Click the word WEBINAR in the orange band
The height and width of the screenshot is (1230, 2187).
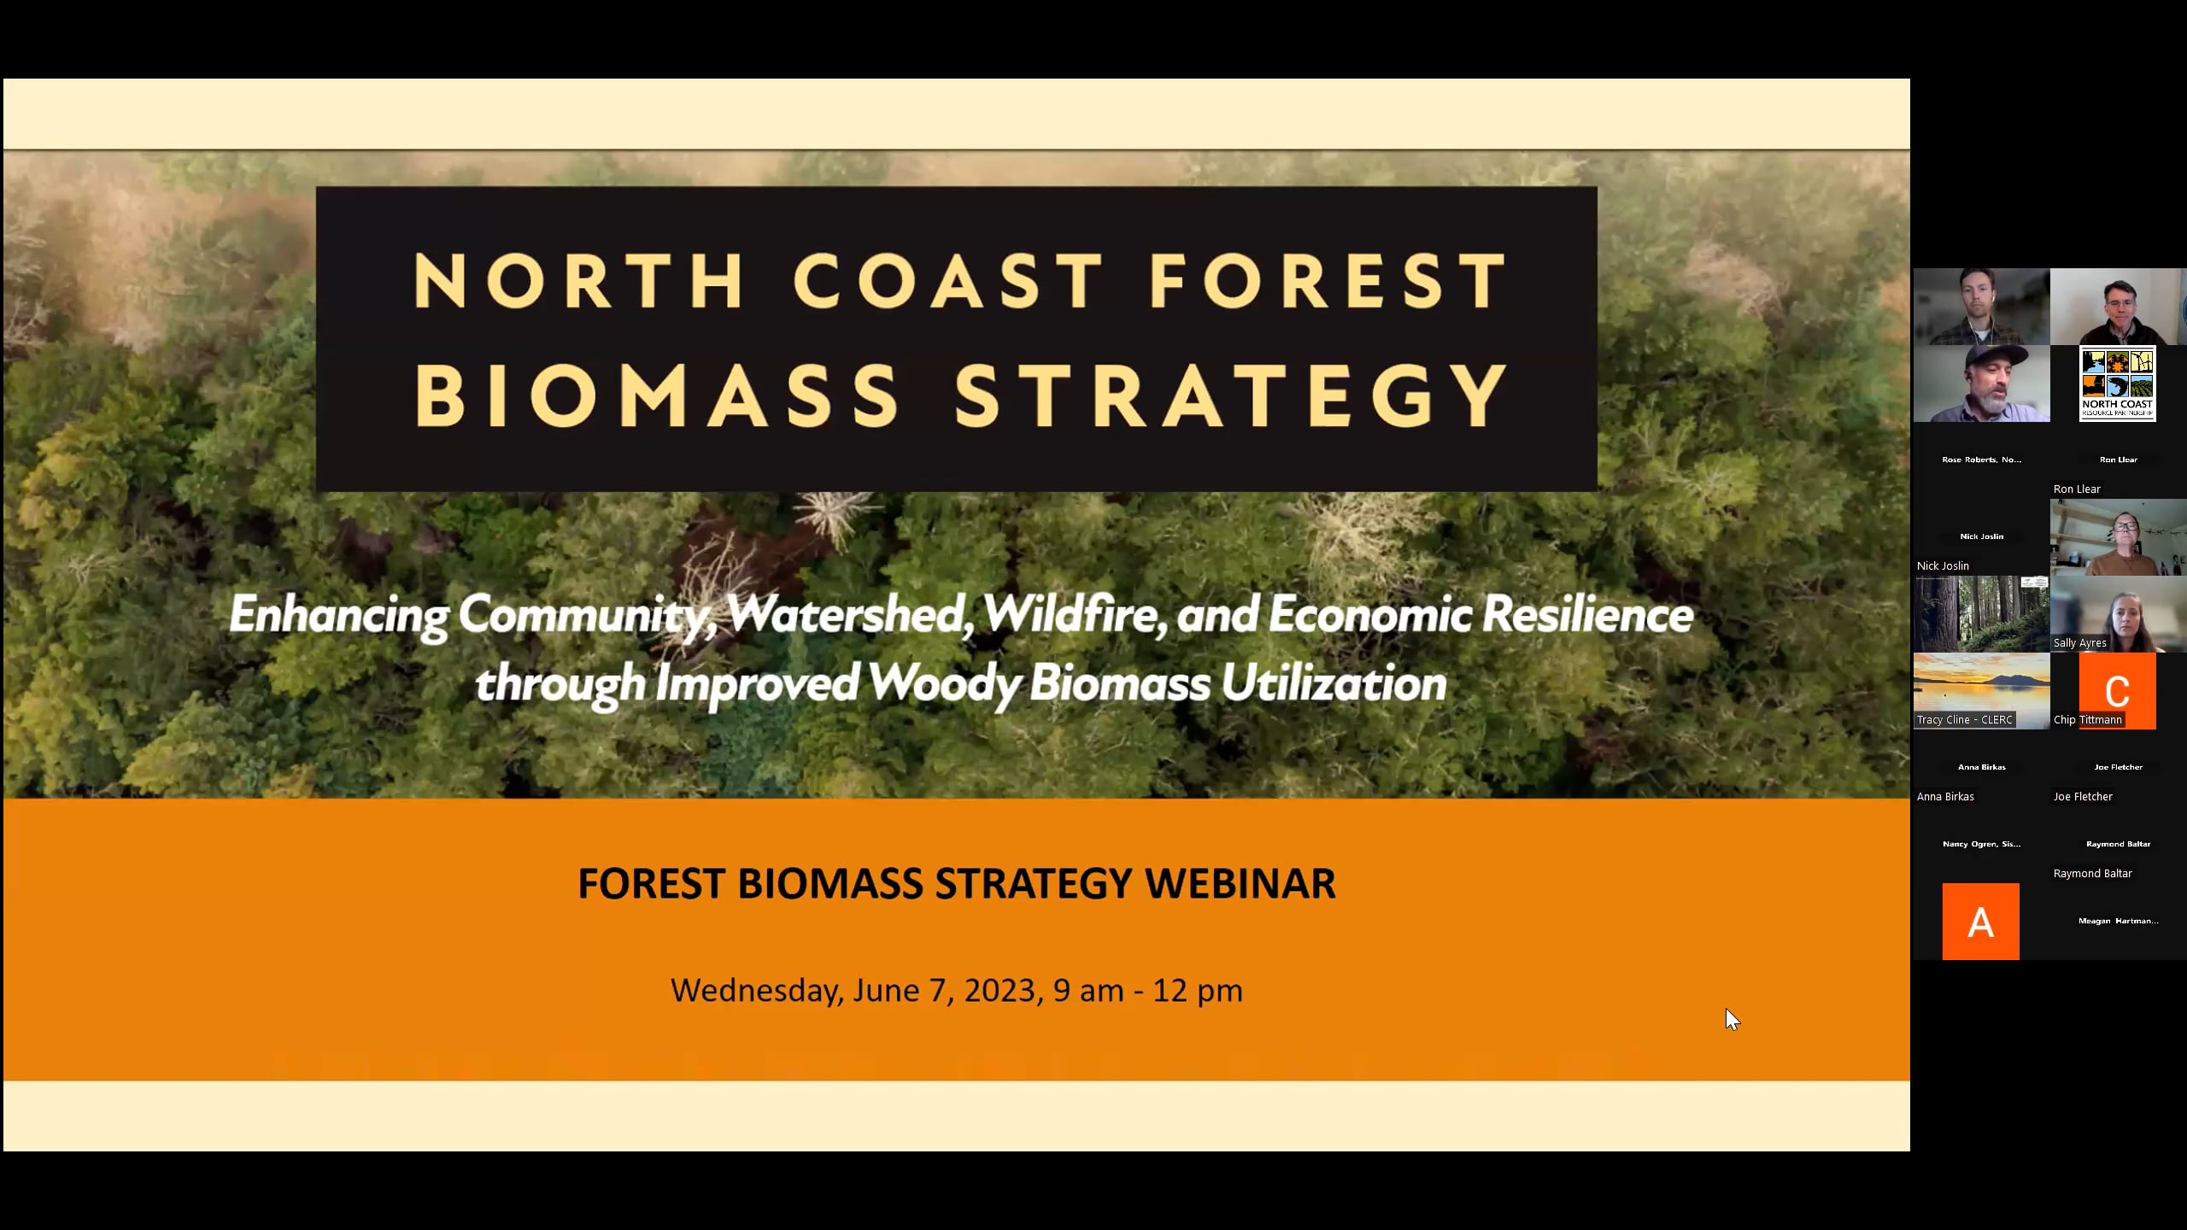tap(1240, 883)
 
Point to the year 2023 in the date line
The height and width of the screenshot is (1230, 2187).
tap(1000, 991)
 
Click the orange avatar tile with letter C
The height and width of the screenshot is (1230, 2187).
tap(2117, 690)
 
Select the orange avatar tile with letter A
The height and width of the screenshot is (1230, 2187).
tap(1980, 922)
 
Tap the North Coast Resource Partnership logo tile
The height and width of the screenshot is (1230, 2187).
tap(2117, 384)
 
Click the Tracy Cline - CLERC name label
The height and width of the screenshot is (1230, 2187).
tap(1964, 720)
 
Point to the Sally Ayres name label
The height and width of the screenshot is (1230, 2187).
tap(2079, 643)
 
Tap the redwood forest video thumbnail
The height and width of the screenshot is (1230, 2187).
tap(1981, 613)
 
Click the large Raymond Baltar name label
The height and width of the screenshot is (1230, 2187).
tap(2092, 874)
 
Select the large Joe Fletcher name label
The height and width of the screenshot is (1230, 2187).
tap(2083, 797)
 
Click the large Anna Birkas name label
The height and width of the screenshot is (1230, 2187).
tap(1945, 797)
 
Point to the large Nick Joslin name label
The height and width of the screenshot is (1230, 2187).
tap(1943, 566)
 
